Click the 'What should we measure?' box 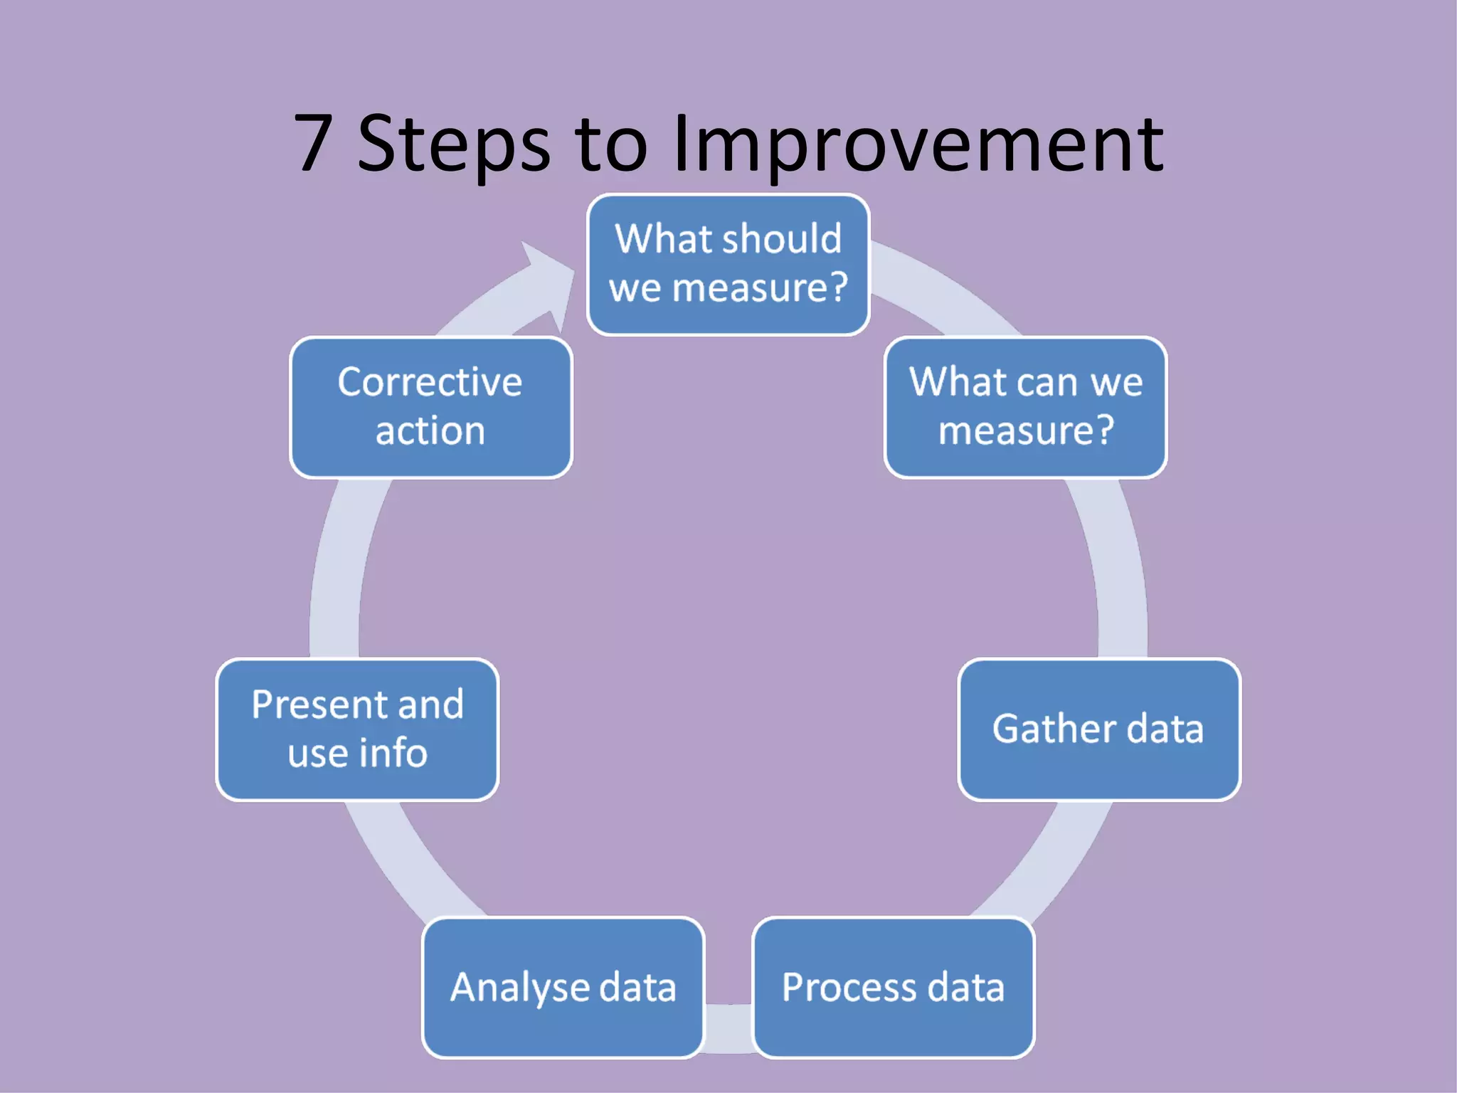[x=728, y=264]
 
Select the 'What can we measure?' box [x=1025, y=407]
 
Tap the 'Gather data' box [x=1099, y=729]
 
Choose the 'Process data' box [x=893, y=988]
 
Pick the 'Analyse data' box [x=563, y=988]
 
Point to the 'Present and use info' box [x=357, y=729]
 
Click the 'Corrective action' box [x=430, y=407]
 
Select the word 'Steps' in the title [x=453, y=145]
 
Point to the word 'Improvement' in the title [x=918, y=145]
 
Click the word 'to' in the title [x=612, y=145]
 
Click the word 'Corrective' [x=430, y=382]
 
